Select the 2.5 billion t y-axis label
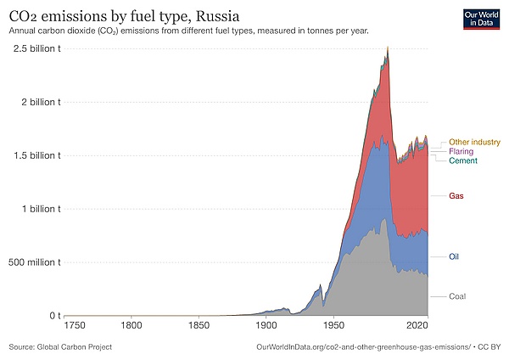(33, 48)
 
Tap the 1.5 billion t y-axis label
(33, 155)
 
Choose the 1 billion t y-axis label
(36, 209)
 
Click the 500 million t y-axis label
(32, 262)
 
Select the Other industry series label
(474, 142)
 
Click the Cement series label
(463, 160)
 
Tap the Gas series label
(457, 196)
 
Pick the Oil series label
(456, 256)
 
